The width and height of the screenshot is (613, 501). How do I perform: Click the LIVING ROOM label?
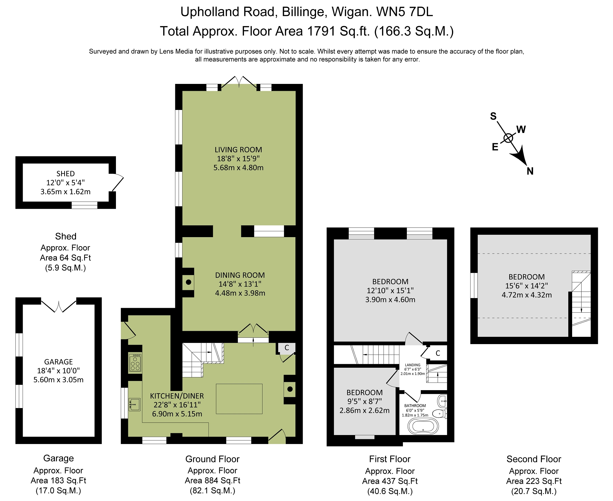(x=238, y=150)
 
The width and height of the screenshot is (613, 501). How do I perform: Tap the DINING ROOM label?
(x=240, y=275)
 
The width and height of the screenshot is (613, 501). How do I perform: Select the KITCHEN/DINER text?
(x=177, y=396)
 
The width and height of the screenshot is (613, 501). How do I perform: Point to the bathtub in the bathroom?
(x=423, y=426)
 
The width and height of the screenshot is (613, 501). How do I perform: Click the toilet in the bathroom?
(x=439, y=413)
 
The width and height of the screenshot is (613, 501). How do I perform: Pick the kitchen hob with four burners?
(x=135, y=362)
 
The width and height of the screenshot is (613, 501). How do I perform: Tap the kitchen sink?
(x=134, y=404)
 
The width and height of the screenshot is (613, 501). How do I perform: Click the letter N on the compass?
(x=530, y=171)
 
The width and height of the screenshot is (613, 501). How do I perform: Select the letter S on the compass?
(x=493, y=116)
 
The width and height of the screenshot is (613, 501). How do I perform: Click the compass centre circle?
(x=508, y=138)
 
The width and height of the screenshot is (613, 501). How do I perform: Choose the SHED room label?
(x=65, y=174)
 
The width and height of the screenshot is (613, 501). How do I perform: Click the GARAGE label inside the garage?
(x=58, y=362)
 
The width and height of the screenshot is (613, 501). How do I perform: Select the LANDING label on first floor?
(x=413, y=365)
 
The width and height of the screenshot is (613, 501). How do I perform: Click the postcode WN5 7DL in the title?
(x=404, y=12)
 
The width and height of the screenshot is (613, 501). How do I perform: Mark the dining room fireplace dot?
(x=189, y=282)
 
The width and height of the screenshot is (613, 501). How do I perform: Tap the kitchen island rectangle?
(x=239, y=399)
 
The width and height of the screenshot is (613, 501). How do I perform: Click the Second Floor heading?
(x=534, y=459)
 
